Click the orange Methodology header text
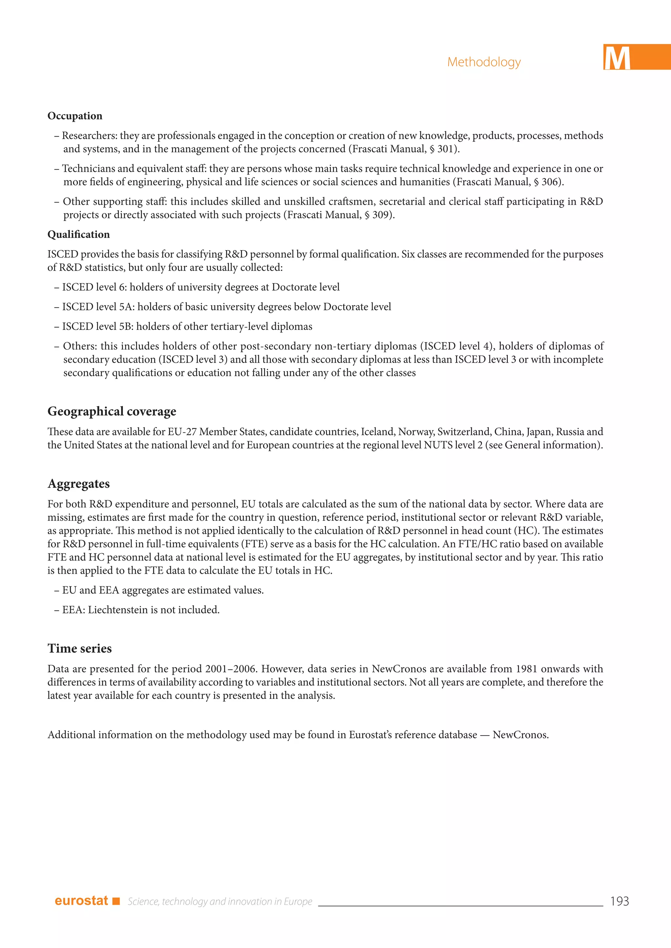[484, 62]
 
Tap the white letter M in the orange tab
[617, 58]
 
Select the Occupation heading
[75, 116]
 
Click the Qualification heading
[79, 234]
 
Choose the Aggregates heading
[79, 483]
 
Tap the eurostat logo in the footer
[81, 901]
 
